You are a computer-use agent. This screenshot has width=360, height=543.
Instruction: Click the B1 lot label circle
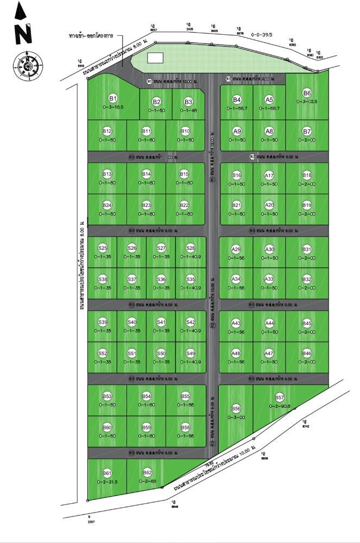pos(113,98)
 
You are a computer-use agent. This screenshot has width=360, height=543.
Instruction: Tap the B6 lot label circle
pos(307,93)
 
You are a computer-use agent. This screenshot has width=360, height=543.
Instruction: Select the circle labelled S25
pos(103,248)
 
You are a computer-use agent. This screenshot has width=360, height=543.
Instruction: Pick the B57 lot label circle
pos(280,397)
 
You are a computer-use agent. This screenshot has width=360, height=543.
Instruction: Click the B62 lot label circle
pos(147,473)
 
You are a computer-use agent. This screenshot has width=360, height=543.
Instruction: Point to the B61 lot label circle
pos(107,473)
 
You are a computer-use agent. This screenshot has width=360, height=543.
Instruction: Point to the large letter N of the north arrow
pos(23,33)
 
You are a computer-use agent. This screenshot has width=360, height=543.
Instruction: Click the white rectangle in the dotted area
pos(155,58)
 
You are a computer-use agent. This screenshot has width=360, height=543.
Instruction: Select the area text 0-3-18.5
pos(113,107)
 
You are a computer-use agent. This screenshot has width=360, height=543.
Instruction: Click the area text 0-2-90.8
pos(280,406)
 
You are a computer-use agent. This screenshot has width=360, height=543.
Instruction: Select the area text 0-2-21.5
pos(107,482)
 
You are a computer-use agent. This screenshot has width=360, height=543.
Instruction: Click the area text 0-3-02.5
pos(307,102)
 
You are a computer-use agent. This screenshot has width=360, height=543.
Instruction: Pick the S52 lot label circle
pos(103,353)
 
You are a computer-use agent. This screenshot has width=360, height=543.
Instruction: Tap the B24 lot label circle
pos(107,205)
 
